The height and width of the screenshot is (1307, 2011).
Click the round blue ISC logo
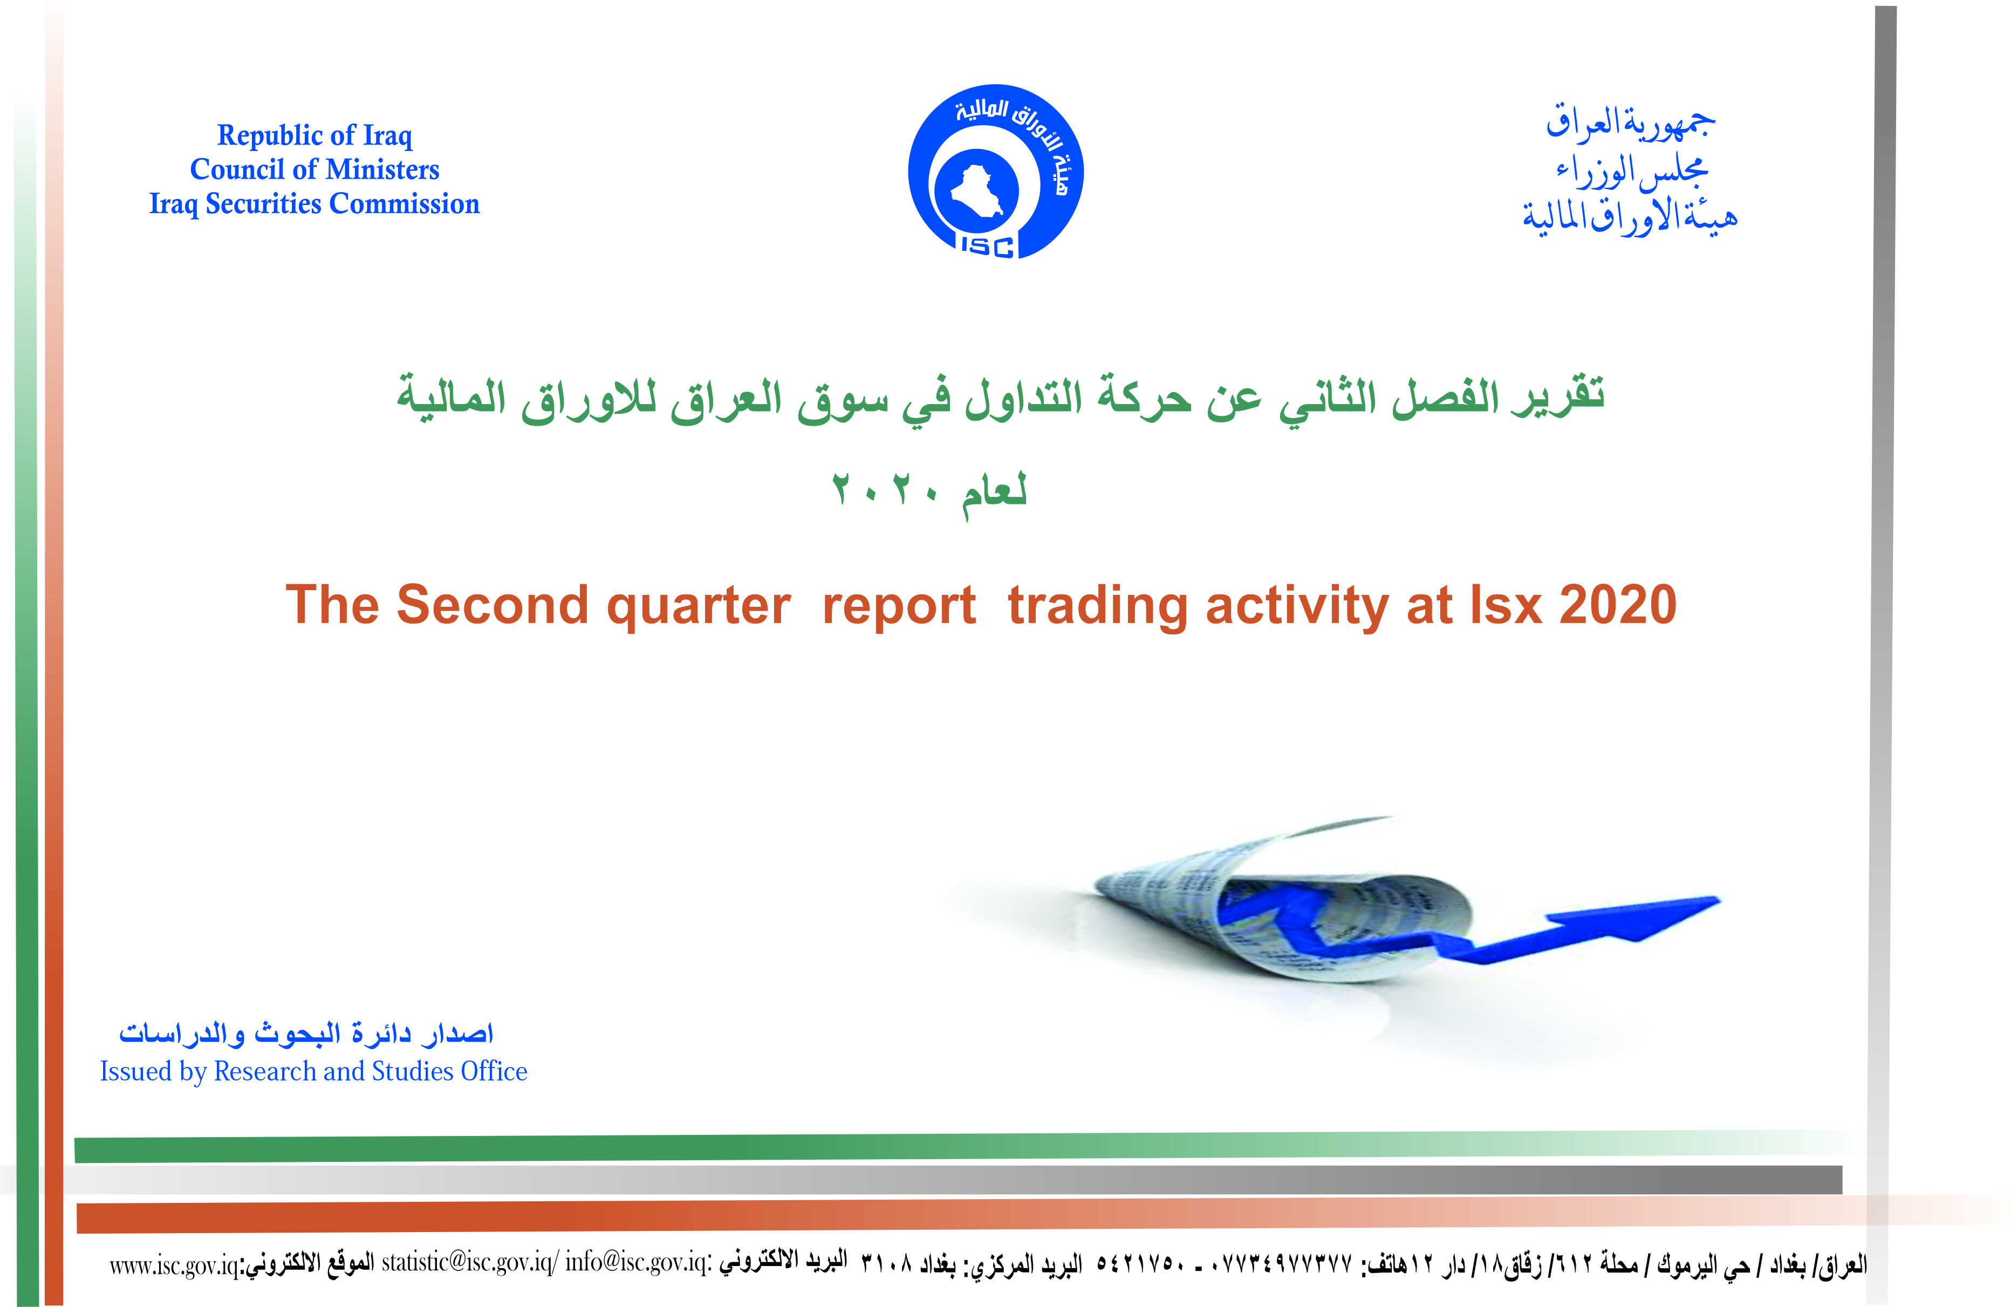pyautogui.click(x=995, y=172)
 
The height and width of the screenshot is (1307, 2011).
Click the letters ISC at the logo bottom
pyautogui.click(x=988, y=246)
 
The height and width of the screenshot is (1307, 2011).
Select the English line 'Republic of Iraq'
pyautogui.click(x=315, y=136)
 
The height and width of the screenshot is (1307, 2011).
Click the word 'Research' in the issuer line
pyautogui.click(x=265, y=1071)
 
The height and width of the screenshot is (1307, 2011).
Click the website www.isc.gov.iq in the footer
pyautogui.click(x=174, y=1265)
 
